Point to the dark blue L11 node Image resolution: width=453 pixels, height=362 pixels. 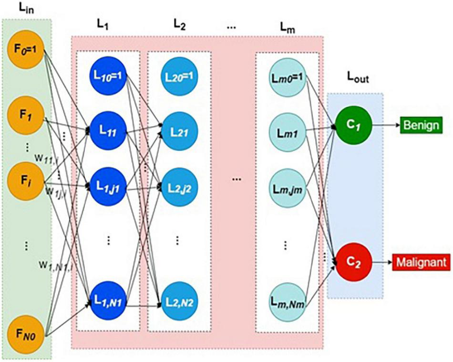(x=108, y=129)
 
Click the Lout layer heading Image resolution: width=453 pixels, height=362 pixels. (x=355, y=82)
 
